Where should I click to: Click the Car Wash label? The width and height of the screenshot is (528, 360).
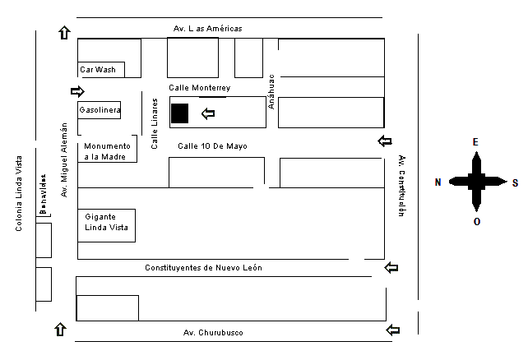[98, 70]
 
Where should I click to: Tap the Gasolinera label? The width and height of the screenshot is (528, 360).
[100, 109]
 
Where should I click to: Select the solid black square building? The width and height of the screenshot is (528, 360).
[179, 113]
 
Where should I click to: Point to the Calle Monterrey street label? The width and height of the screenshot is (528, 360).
[199, 87]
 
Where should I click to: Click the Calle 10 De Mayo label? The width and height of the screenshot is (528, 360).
[213, 145]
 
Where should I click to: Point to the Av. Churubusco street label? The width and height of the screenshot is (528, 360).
[213, 332]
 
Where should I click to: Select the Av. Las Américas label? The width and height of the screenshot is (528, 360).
[207, 29]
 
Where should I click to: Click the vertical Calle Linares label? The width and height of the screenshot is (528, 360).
[155, 122]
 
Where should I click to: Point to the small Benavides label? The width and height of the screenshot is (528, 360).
[41, 198]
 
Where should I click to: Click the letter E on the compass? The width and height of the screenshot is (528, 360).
[475, 141]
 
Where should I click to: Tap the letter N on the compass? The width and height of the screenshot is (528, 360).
[438, 182]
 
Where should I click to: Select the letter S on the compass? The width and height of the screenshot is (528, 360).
[515, 182]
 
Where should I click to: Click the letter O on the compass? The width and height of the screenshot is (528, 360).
[476, 221]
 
